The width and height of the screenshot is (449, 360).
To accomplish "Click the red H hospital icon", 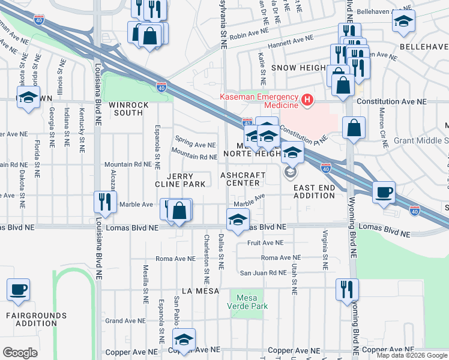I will point(307,99).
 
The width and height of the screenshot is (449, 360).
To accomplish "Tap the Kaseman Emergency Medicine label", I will point(259,101).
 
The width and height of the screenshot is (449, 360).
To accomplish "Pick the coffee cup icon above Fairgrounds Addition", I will point(18,290).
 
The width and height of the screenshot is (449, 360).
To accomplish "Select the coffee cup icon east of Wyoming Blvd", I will point(384,193).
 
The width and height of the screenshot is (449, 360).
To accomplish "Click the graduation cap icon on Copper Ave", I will point(184,339).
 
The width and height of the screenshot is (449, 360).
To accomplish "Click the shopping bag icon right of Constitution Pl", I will point(354,127).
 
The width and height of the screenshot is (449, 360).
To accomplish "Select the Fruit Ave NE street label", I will point(265,243).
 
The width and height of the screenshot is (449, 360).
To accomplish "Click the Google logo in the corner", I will point(20,353).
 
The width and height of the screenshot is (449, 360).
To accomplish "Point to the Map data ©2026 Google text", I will point(412,355).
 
